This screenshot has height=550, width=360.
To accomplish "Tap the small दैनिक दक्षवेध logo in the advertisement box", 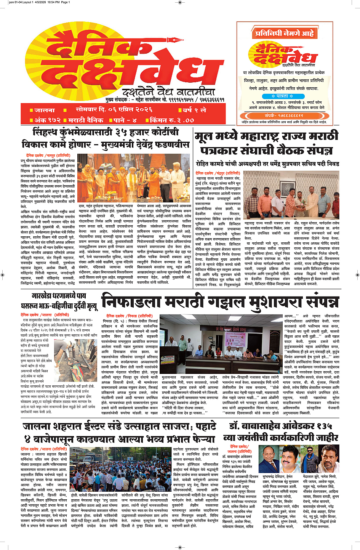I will tap(282, 55).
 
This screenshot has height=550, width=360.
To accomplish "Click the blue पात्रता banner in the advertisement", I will tap(282, 96).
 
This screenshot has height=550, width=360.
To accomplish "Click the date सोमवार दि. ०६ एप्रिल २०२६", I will tap(114, 109).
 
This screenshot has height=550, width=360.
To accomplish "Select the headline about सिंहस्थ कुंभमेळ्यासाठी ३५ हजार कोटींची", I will tap(105, 138).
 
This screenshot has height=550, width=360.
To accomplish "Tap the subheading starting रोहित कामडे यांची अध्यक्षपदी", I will tap(267, 164).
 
